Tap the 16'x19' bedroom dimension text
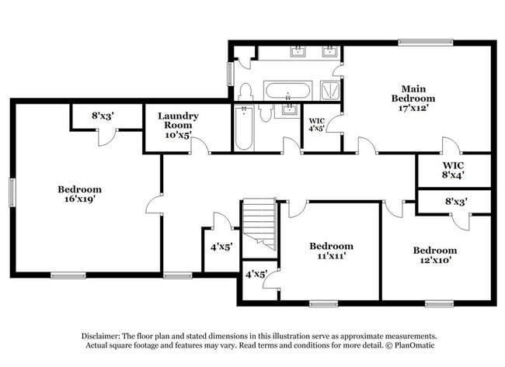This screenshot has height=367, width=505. click(79, 199)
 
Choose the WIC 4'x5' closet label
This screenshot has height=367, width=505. click(317, 125)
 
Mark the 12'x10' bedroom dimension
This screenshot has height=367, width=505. click(434, 261)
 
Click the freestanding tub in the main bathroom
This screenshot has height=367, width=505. click(287, 91)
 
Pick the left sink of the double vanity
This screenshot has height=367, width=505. click(298, 52)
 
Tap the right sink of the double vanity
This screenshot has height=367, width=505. click(329, 52)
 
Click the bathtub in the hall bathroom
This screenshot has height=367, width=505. click(244, 128)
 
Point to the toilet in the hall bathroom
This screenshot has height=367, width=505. click(265, 115)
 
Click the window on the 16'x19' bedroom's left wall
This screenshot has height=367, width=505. click(12, 191)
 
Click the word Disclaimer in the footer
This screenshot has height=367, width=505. click(105, 334)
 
